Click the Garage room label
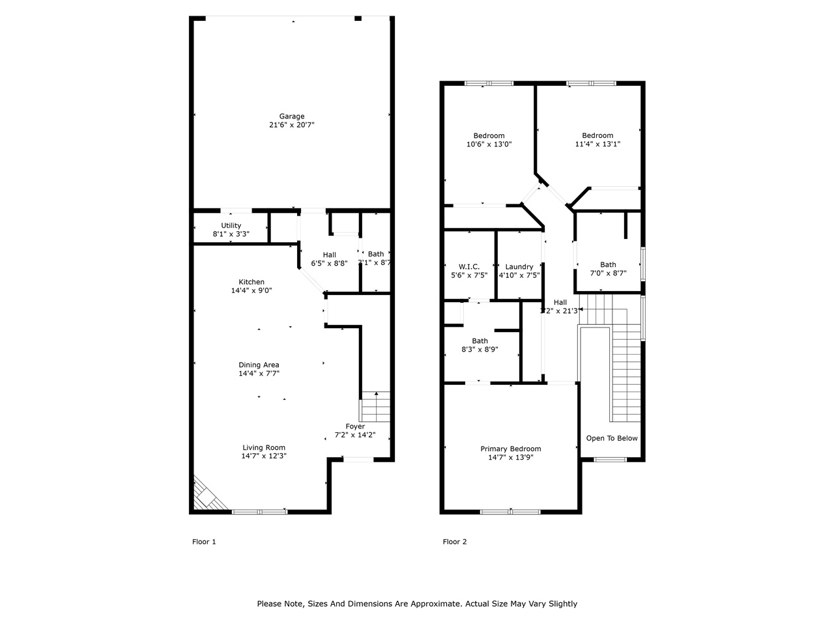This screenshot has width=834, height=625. click(x=292, y=117)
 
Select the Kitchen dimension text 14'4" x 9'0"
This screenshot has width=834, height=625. click(x=252, y=290)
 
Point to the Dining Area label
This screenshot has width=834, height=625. click(x=259, y=365)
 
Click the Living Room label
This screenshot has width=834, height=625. click(x=264, y=448)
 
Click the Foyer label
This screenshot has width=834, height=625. click(x=355, y=426)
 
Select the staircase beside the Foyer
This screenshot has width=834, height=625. click(x=375, y=407)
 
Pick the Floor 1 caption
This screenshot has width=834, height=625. click(x=204, y=542)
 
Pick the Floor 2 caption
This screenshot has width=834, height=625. click(x=455, y=542)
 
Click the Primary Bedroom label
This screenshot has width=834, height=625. click(x=511, y=449)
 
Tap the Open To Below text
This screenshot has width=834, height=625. click(x=612, y=438)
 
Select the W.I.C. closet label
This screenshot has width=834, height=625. click(x=469, y=266)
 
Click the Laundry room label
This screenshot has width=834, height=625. click(x=519, y=266)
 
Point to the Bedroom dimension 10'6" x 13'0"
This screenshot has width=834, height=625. click(x=489, y=145)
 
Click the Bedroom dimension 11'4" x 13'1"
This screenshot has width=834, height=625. click(x=597, y=145)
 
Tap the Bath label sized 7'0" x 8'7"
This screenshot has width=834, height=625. click(x=608, y=265)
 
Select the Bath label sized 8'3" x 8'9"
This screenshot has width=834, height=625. click(x=480, y=341)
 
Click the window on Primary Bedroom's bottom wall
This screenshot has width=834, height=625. click(x=510, y=512)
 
